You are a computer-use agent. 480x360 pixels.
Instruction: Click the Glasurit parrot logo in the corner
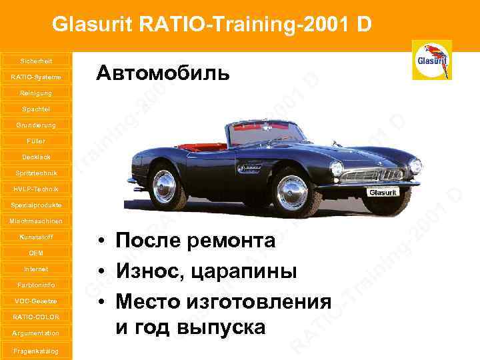click(432, 60)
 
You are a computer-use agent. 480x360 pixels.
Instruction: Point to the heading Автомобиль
click(163, 73)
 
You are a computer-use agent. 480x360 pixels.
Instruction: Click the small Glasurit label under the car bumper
click(384, 192)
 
